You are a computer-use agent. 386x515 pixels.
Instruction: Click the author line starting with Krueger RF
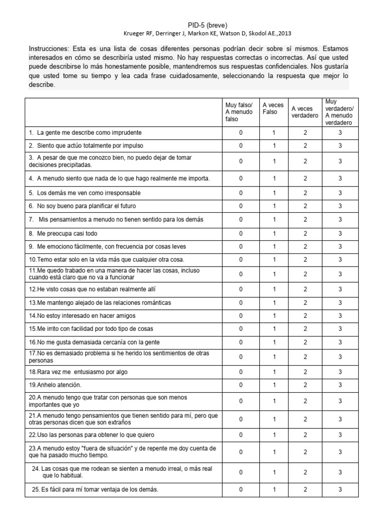coord(207,33)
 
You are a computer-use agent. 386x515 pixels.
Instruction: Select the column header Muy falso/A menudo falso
coord(239,112)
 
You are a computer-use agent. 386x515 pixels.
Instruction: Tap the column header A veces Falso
coord(273,108)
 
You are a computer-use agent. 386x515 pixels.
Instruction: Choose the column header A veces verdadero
coord(305,112)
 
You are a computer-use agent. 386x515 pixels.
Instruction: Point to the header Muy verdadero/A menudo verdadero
coord(339,112)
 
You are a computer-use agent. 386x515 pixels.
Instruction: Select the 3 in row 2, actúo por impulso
coord(340,146)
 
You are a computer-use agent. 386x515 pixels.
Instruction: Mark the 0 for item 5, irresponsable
coord(241,193)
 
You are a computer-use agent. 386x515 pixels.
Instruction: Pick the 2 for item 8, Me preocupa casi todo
coord(305,234)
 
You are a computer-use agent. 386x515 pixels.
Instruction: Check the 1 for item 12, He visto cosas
coord(274,289)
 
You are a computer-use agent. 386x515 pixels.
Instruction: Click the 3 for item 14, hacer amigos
coord(340,316)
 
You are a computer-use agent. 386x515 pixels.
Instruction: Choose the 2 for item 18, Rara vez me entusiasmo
coord(305,372)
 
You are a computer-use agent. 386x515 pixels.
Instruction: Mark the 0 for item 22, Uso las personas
coord(241,435)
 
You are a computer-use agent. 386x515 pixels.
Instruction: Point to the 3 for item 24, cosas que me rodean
coord(340,472)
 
